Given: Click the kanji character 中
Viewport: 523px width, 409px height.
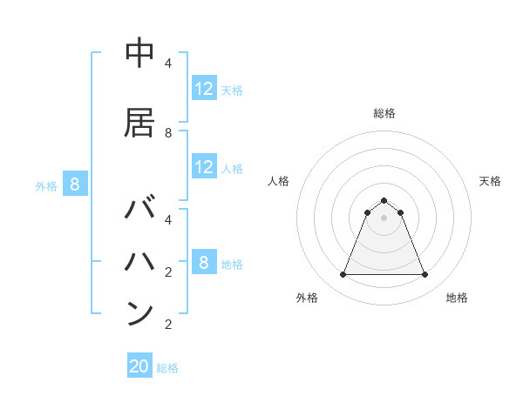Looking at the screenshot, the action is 139,54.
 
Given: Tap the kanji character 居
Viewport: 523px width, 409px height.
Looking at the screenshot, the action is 139,123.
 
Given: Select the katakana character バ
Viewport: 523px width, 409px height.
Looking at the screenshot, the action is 140,211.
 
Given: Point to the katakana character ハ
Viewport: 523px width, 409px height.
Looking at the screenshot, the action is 139,261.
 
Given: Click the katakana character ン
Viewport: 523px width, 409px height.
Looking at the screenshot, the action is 139,313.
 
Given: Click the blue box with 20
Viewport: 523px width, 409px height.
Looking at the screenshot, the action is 139,366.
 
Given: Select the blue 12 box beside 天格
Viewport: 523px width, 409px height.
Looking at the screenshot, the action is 204,89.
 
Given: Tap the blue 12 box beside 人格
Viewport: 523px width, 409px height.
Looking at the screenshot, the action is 204,167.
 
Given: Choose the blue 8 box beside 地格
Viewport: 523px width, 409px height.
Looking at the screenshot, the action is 204,263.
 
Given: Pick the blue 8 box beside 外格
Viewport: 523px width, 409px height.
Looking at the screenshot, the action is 75,184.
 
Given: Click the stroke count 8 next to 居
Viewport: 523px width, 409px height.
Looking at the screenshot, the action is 168,133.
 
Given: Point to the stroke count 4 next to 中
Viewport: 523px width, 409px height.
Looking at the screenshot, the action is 168,64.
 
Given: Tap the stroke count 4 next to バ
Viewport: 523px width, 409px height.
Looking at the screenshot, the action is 168,219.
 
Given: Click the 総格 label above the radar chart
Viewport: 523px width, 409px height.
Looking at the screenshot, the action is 384,113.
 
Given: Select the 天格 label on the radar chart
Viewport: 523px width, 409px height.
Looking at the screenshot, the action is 490,181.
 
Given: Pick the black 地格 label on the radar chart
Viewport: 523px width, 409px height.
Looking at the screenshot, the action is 457,298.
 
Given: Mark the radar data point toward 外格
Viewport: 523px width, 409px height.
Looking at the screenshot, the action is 343,275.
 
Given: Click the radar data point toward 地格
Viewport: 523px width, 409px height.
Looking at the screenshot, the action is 425,275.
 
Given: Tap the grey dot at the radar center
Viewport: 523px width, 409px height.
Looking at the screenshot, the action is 384,218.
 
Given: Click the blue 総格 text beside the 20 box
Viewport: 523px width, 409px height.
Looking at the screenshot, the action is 167,368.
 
